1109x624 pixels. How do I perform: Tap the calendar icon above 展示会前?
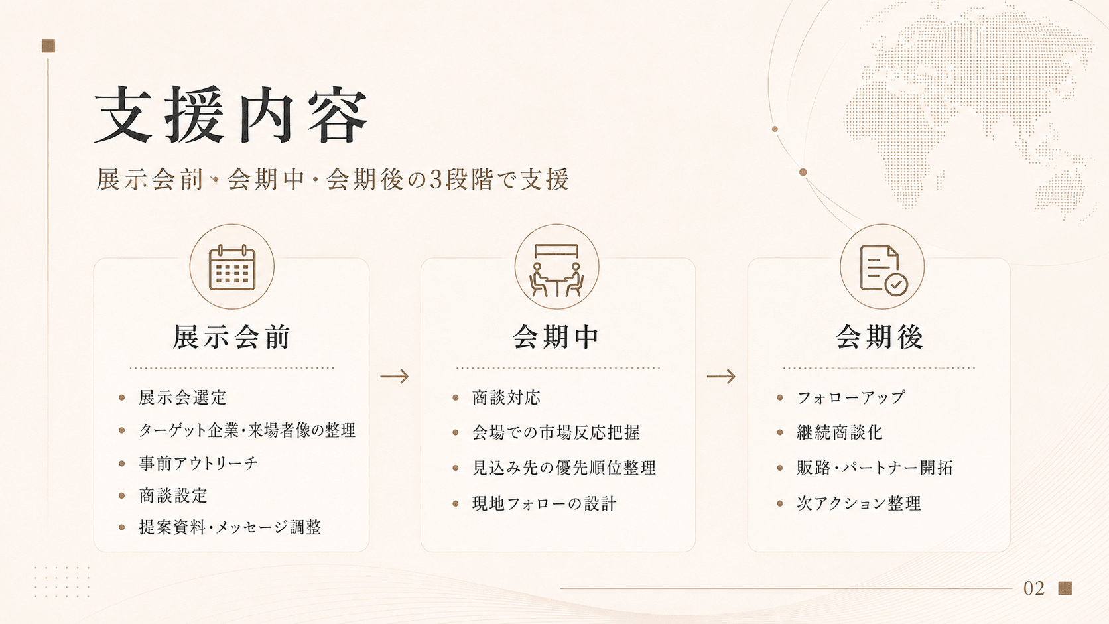pyautogui.click(x=231, y=267)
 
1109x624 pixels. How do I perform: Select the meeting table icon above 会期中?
pyautogui.click(x=556, y=270)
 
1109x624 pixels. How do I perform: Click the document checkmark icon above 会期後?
pyautogui.click(x=883, y=270)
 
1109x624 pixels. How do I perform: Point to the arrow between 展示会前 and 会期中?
pyautogui.click(x=395, y=377)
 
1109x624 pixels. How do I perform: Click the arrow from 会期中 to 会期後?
pyautogui.click(x=721, y=377)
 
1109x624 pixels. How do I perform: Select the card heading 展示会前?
pyautogui.click(x=231, y=337)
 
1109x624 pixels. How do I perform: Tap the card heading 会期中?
pyautogui.click(x=556, y=337)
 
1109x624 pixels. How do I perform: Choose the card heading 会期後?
pyautogui.click(x=880, y=337)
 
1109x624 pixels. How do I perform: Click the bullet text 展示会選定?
pyautogui.click(x=182, y=397)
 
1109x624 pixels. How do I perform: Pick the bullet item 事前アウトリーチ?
pyautogui.click(x=198, y=463)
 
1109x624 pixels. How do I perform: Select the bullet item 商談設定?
pyautogui.click(x=173, y=495)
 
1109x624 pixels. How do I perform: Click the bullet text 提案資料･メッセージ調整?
pyautogui.click(x=230, y=527)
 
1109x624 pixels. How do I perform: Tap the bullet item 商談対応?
pyautogui.click(x=506, y=397)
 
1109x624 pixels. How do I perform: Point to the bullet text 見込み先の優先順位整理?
pyautogui.click(x=564, y=468)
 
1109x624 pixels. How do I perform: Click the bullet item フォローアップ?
pyautogui.click(x=851, y=397)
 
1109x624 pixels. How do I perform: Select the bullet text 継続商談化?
pyautogui.click(x=840, y=432)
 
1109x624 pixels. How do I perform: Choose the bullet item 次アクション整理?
pyautogui.click(x=859, y=503)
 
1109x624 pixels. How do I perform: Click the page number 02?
pyautogui.click(x=1034, y=588)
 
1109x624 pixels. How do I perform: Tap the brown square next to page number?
pyautogui.click(x=1065, y=588)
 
